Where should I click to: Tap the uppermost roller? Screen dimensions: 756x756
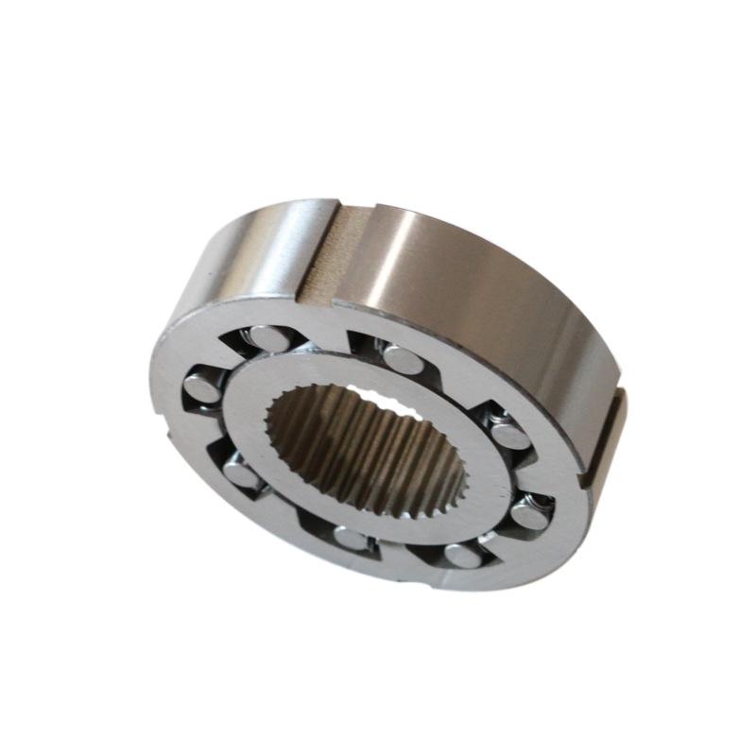point(268,335)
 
